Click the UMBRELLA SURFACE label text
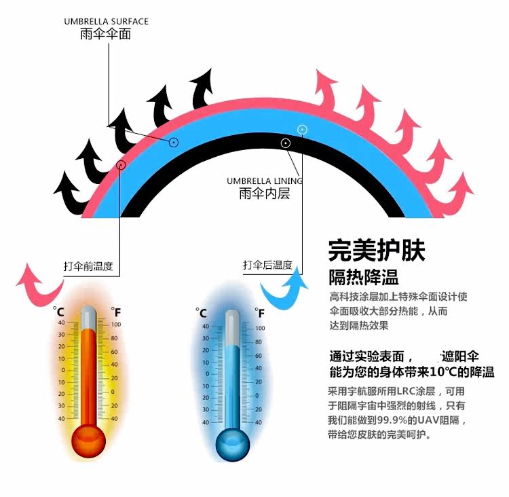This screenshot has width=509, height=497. click(106, 22)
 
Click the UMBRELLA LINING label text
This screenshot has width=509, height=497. click(265, 181)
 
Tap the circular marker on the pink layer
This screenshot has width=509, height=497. click(121, 164)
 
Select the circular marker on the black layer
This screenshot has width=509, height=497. click(286, 143)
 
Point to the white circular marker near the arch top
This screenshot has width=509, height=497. click(303, 129)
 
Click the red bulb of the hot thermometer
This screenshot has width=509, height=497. click(89, 441)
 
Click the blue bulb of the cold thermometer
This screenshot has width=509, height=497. click(233, 442)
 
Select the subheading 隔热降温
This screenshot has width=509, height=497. click(363, 277)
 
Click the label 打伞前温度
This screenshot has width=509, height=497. click(88, 266)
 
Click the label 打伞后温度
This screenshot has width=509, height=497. click(267, 265)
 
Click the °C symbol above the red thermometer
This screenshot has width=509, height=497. click(58, 312)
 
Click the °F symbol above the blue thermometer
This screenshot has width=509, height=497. click(260, 312)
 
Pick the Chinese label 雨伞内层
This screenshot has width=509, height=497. click(264, 194)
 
